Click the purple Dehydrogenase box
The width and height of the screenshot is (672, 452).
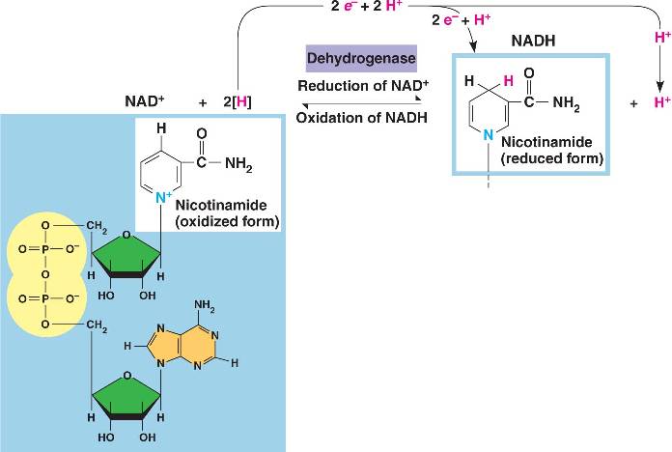pos(361,59)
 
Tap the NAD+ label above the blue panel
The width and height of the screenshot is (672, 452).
pos(144,100)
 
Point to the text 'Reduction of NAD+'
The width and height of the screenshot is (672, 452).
pos(362,86)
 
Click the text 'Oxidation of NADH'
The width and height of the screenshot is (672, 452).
pos(362,118)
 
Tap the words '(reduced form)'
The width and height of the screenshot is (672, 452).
pos(552,156)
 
